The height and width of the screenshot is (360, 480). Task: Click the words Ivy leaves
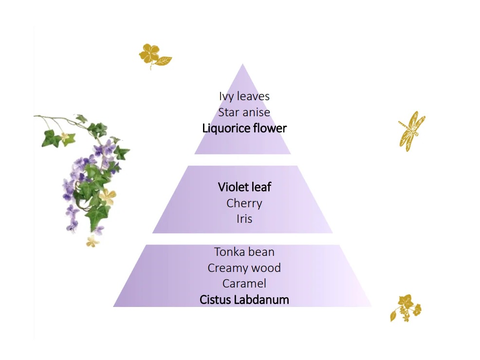coord(244,96)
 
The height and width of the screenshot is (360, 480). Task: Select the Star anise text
coord(244,112)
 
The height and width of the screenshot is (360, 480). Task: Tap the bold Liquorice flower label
coord(244,128)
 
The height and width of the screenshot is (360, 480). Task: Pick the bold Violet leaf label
coord(244,187)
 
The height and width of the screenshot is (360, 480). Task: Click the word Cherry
coord(244,203)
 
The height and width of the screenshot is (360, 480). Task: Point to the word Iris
coord(244,219)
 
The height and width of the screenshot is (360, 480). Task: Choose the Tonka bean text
coord(244,252)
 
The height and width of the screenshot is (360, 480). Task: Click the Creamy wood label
coord(244,268)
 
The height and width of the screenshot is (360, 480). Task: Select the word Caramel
coord(244,284)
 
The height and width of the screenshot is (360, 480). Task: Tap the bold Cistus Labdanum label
coord(244,300)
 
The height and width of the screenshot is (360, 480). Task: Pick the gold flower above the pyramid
coord(154,55)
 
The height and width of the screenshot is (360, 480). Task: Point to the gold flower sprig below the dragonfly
coord(405,307)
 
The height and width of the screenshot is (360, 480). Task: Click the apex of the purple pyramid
coord(242,66)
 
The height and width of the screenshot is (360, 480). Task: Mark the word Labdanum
coord(261,300)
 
